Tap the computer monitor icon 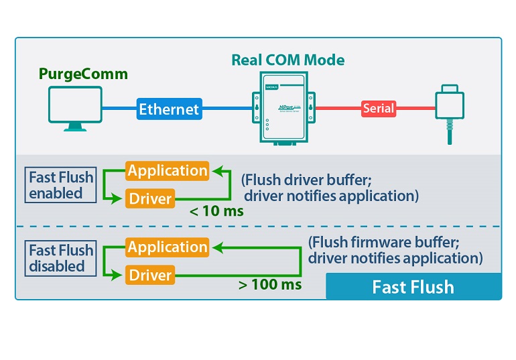[x=75, y=108]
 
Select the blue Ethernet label [x=169, y=108]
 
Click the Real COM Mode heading [x=288, y=60]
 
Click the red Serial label [x=379, y=108]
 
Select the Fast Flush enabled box [x=61, y=185]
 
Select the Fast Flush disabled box [x=61, y=258]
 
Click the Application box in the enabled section [x=168, y=171]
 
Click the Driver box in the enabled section [x=150, y=198]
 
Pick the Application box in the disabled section [x=168, y=247]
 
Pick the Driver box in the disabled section [x=150, y=276]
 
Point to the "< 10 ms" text [x=216, y=211]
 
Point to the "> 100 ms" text [x=270, y=285]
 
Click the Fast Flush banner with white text [x=413, y=287]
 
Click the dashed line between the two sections [x=258, y=227]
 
